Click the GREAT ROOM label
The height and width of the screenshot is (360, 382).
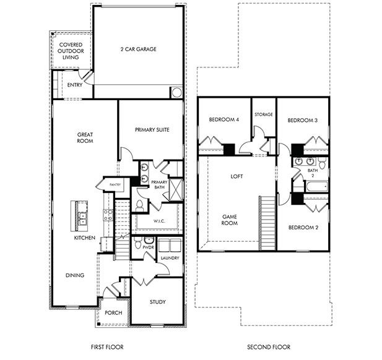85,137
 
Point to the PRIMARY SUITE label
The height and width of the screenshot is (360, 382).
152,130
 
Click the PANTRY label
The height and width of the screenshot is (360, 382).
115,184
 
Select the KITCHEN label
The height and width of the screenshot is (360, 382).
85,238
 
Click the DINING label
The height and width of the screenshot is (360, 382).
74,275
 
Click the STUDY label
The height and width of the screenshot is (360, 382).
158,302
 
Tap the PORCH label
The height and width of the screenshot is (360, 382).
113,312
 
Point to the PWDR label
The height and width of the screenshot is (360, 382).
148,247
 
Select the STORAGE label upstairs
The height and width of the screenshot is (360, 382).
263,114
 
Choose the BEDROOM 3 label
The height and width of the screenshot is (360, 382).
303,120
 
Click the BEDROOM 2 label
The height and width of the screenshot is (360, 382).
303,227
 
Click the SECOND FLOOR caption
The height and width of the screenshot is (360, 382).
268,347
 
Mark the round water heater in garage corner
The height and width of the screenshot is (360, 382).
176,93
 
